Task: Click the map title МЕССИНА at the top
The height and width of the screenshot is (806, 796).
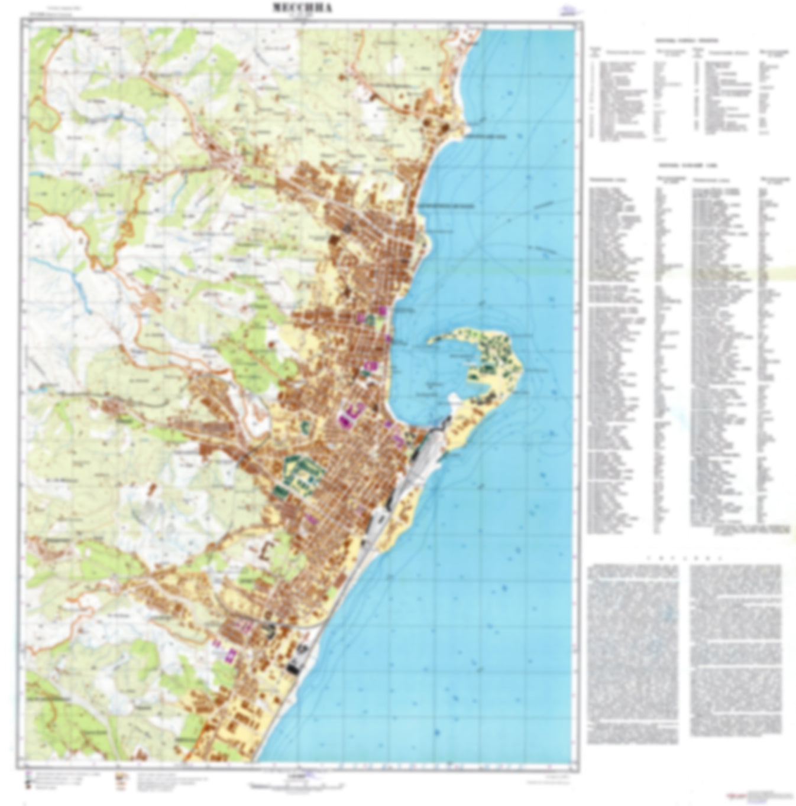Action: point(302,8)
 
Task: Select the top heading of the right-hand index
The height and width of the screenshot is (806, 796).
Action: point(686,41)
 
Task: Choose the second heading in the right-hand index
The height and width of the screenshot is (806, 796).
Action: point(686,165)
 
